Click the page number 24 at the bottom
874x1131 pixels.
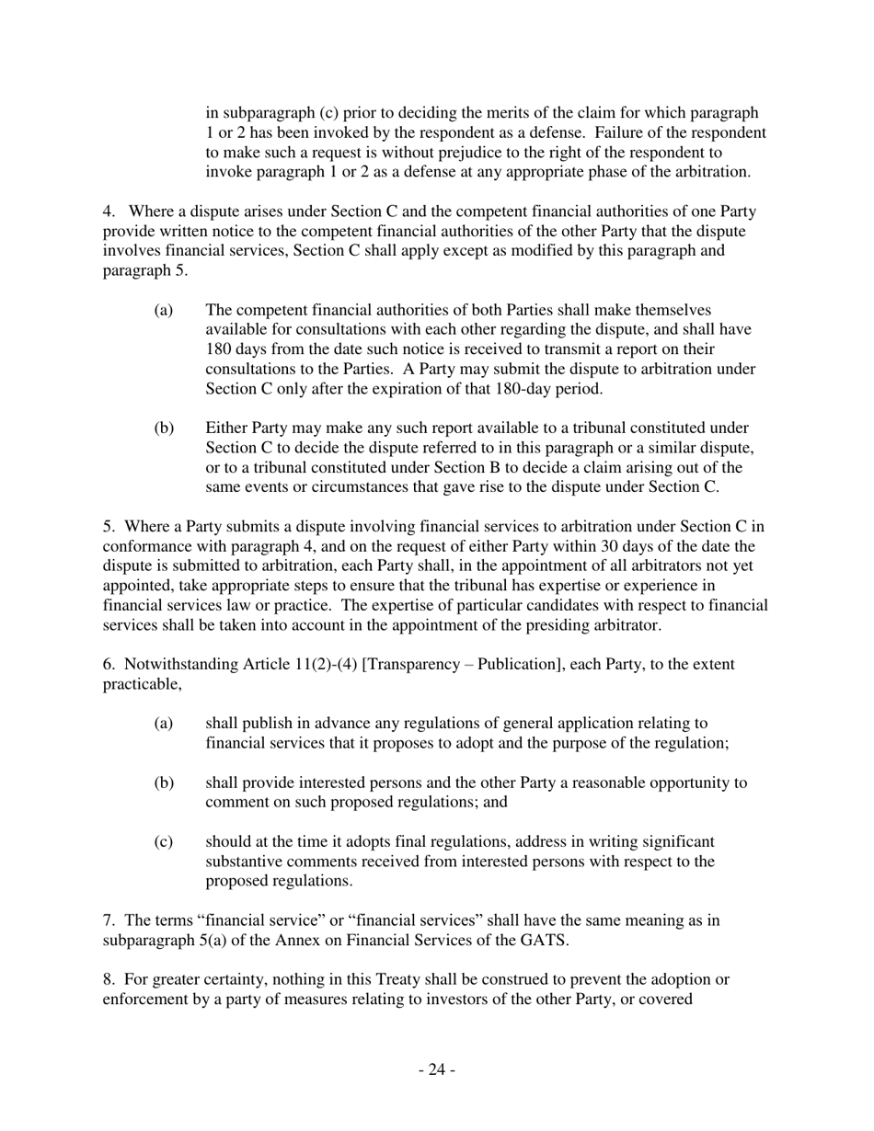point(437,1069)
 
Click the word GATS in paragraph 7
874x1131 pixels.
point(546,941)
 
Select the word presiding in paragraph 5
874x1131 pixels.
point(569,625)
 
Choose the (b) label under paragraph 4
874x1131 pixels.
point(164,428)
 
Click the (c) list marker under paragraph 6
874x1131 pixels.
point(164,841)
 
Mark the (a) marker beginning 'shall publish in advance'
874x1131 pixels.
point(164,724)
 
